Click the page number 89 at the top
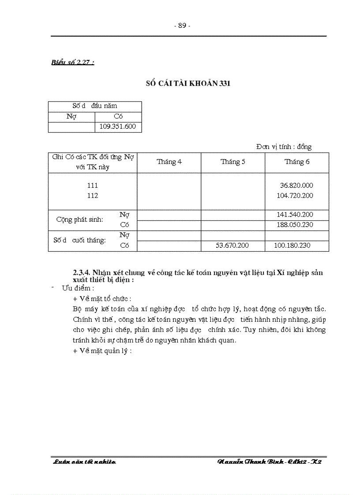[182, 26]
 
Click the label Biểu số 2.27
[73, 62]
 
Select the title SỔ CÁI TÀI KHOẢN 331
[188, 84]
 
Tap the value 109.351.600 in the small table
[118, 127]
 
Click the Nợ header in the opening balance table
[71, 116]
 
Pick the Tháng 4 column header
[169, 162]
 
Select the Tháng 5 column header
[233, 162]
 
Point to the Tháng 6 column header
[297, 162]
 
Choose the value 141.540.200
[295, 215]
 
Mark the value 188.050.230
[295, 225]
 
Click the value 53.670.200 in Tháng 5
[232, 245]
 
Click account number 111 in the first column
[93, 186]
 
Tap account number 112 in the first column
[93, 195]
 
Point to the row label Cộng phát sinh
[79, 220]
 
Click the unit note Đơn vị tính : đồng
[284, 147]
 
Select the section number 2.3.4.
[82, 272]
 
